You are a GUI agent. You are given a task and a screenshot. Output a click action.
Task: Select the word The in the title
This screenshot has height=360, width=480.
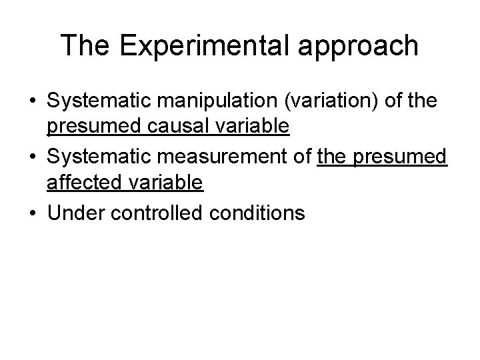pos(83,46)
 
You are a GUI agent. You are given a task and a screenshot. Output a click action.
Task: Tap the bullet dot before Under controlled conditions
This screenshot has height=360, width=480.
pos(33,213)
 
